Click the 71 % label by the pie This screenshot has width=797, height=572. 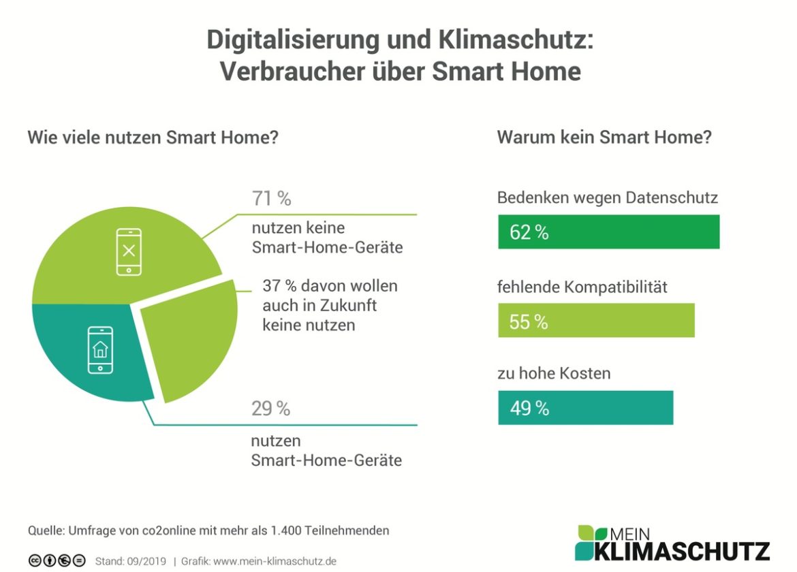coord(271,199)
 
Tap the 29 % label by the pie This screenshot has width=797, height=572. coord(270,409)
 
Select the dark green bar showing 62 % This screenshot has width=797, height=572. coord(608,232)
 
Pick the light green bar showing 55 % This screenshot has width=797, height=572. coord(596,321)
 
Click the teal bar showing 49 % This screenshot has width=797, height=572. coord(585,408)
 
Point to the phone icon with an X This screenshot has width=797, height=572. coord(129,252)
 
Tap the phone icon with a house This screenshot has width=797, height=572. coord(101,350)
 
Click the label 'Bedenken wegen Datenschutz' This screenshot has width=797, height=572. coord(608,198)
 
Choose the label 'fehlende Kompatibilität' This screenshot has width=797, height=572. coord(582,287)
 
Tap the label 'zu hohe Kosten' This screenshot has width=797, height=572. coord(553,373)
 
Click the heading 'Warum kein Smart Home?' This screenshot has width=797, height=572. coord(604,137)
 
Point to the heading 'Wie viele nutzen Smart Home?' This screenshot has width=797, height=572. coord(153,137)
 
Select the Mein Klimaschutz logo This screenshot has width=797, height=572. coord(672,543)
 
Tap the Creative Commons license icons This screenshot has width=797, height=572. coord(57,560)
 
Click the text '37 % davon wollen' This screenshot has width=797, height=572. coord(330,286)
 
